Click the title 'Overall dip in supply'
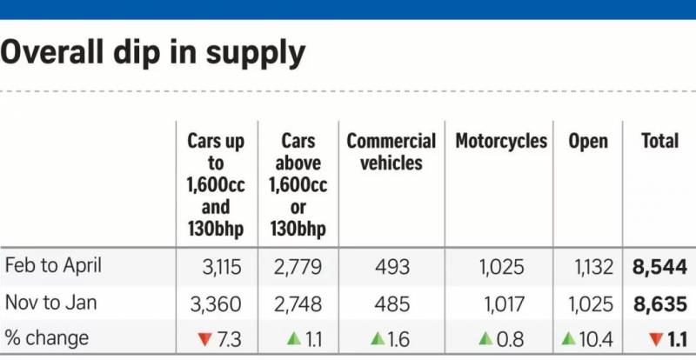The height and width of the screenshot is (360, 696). [153, 53]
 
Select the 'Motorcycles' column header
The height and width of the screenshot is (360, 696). [501, 141]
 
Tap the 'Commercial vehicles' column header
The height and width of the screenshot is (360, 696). [391, 151]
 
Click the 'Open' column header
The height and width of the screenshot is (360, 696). [588, 141]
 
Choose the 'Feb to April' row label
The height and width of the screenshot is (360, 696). [53, 265]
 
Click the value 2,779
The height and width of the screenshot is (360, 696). [297, 266]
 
